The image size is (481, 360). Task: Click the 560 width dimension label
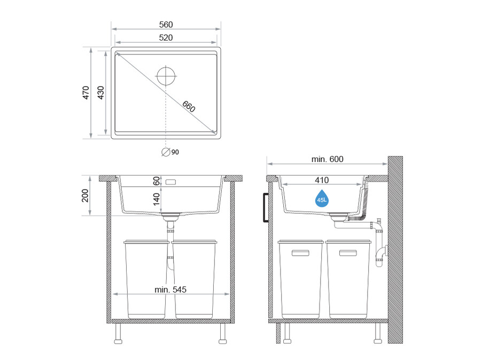pyautogui.click(x=166, y=25)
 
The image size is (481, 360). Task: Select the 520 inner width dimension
pyautogui.click(x=166, y=38)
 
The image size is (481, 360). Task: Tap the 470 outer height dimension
pyautogui.click(x=86, y=92)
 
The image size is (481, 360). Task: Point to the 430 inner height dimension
pyautogui.click(x=100, y=92)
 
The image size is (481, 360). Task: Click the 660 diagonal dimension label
pyautogui.click(x=188, y=106)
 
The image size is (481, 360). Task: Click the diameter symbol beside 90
pyautogui.click(x=166, y=152)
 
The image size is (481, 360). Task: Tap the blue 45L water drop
pyautogui.click(x=322, y=198)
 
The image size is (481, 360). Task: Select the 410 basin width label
pyautogui.click(x=322, y=180)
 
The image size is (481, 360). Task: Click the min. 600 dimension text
pyautogui.click(x=327, y=159)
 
